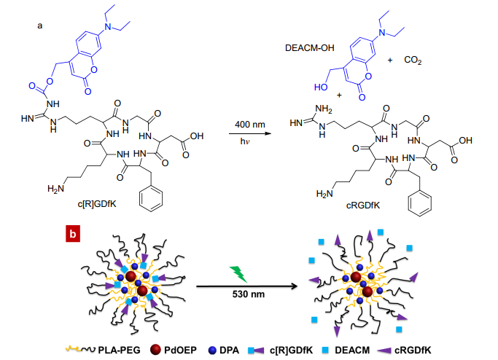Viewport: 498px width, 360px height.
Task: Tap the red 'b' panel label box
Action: point(71,234)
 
